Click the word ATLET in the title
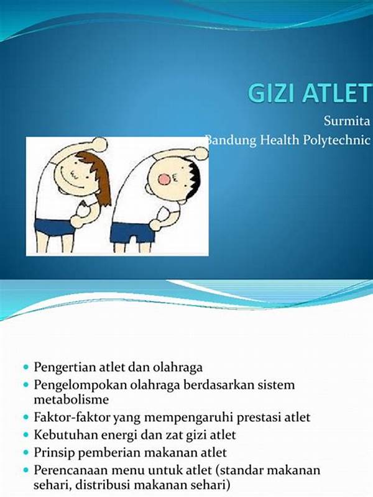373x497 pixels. pos(336,93)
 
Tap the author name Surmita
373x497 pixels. pos(347,121)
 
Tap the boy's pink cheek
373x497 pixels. pos(164,180)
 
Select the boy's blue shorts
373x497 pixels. pos(132,233)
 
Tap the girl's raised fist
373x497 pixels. pos(100,144)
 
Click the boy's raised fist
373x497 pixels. pos(201,153)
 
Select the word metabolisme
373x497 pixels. pos(71,399)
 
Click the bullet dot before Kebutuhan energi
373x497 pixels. pos(26,435)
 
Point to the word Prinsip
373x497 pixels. pos(54,452)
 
